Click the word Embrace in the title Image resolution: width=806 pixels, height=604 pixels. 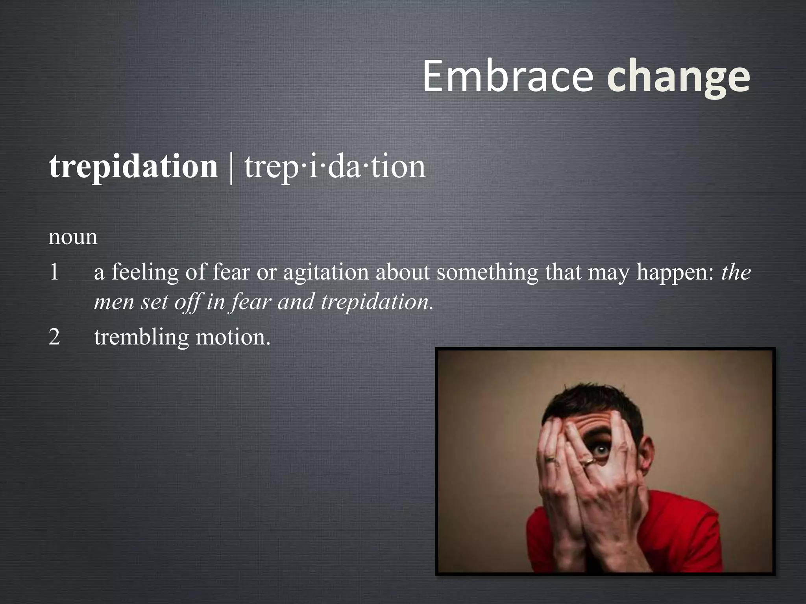(x=508, y=76)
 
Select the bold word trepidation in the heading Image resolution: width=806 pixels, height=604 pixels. (x=133, y=167)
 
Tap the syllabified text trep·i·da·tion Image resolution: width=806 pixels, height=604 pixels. (x=335, y=167)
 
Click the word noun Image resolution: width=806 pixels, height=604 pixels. (x=73, y=237)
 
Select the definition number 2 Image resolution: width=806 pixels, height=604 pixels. (x=54, y=337)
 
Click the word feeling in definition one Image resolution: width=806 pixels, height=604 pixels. (x=145, y=272)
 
